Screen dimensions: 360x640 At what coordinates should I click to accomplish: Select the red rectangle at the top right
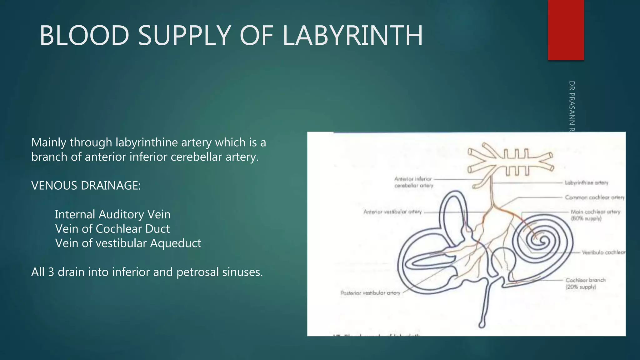click(x=566, y=30)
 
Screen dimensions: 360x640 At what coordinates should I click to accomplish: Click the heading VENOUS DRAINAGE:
click(x=86, y=186)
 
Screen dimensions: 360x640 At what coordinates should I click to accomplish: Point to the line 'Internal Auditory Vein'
click(x=112, y=214)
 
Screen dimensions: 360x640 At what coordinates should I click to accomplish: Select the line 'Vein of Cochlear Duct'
click(x=112, y=229)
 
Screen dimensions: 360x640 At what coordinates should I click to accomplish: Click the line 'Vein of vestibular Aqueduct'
click(x=128, y=243)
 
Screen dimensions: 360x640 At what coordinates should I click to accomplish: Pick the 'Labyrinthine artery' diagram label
click(x=586, y=183)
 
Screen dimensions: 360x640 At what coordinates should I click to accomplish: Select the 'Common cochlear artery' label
click(x=594, y=197)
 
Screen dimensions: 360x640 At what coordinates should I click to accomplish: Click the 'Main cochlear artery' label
click(x=595, y=212)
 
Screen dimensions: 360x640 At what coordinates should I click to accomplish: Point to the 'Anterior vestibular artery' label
click(x=392, y=212)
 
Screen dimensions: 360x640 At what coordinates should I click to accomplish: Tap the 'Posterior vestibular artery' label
click(x=370, y=293)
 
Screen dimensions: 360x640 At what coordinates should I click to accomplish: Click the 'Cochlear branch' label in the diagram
click(x=585, y=280)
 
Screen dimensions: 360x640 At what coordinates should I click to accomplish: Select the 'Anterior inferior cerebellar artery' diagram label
click(x=413, y=182)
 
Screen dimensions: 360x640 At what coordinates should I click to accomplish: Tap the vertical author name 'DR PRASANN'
click(x=572, y=105)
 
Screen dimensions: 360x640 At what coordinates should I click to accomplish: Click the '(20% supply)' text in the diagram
click(x=581, y=287)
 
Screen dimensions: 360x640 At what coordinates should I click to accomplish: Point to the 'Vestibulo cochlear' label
click(x=603, y=252)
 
